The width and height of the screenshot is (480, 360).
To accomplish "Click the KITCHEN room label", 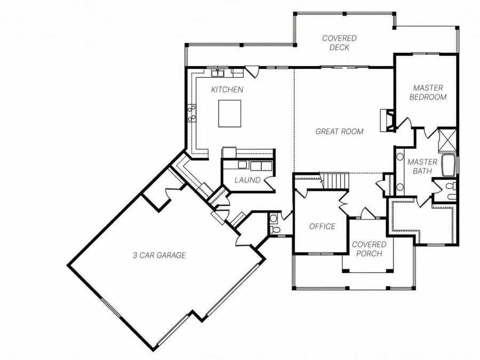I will click(x=227, y=90).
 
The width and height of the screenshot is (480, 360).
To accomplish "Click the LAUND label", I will click(x=247, y=180).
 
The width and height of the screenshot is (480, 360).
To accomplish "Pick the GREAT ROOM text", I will click(x=339, y=131).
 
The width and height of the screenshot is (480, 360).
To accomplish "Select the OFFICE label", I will click(x=322, y=227).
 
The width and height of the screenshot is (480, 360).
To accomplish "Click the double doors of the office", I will click(x=343, y=202).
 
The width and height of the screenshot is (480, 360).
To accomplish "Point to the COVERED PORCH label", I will click(x=369, y=249).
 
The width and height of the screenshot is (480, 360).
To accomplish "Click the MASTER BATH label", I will click(x=422, y=166).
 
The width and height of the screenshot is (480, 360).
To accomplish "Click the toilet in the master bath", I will click(x=450, y=187).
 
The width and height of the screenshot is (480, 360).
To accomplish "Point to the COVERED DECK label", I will click(x=339, y=43).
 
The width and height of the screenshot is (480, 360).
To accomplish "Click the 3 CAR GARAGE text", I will click(x=159, y=255).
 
